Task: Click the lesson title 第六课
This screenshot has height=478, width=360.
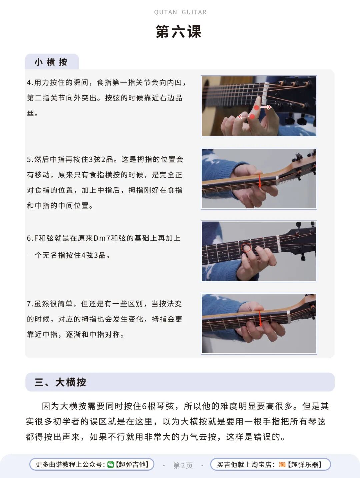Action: point(178,32)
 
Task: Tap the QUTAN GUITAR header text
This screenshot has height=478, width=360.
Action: point(180,12)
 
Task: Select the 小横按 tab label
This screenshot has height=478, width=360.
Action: point(51,62)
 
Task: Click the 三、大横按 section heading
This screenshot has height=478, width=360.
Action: point(60,382)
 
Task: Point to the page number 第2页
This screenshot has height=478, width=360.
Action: point(183,465)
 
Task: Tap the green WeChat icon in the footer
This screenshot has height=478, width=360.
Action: point(110,464)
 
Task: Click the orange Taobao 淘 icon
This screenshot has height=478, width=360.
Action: point(282,464)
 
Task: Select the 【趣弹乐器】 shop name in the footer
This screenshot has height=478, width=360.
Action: point(304,464)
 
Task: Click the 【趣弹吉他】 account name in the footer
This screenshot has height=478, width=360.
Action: point(132,464)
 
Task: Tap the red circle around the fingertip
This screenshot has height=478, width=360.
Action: point(246,248)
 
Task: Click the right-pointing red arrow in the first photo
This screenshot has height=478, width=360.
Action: point(266,107)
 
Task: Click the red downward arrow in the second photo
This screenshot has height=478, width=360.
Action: point(260,181)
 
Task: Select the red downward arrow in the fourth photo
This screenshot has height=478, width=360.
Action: point(260,318)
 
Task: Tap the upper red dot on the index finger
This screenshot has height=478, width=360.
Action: point(257,108)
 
